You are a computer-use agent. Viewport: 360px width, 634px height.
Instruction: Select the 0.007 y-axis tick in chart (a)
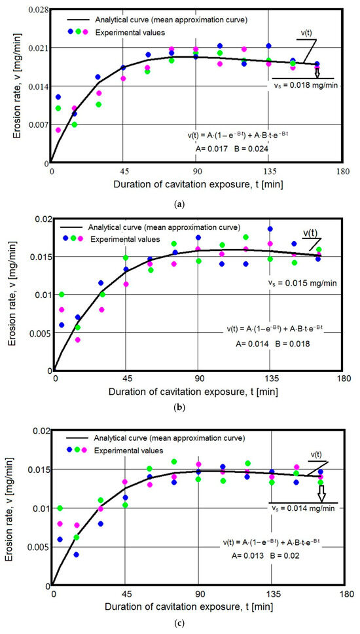tap(37, 124)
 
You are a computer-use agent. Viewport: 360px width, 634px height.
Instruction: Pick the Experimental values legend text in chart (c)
tap(130, 449)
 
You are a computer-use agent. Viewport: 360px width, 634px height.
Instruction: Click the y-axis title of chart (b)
tap(13, 293)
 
